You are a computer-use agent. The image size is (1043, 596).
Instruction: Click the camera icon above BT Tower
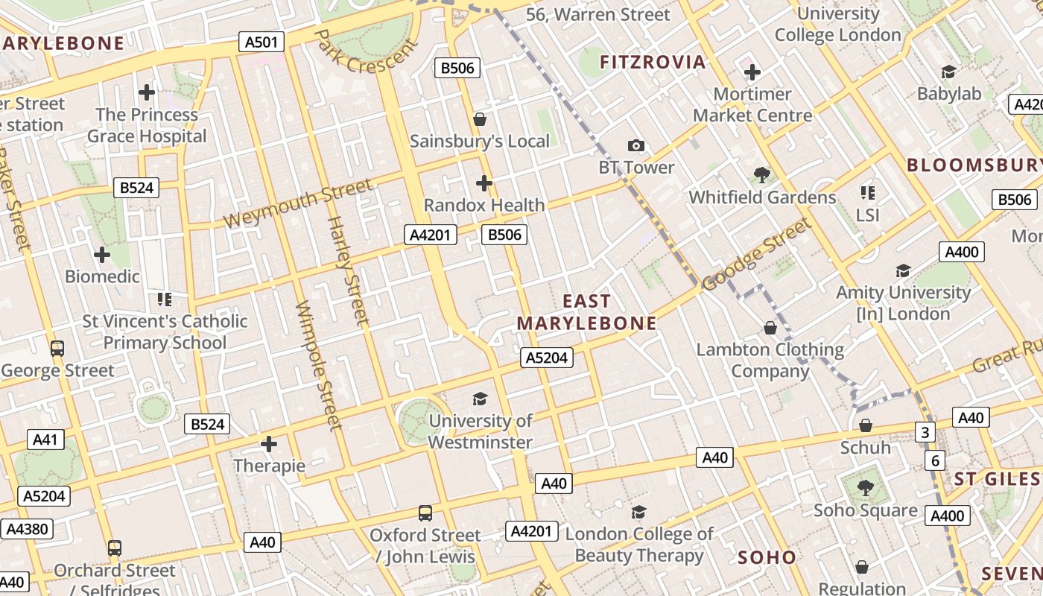[635, 145]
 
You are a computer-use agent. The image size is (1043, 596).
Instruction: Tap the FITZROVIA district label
[653, 62]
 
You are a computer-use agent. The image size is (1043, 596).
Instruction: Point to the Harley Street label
[348, 271]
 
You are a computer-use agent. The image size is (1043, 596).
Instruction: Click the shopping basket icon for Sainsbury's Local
[480, 119]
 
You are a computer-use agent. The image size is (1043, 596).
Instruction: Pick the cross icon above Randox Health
[484, 183]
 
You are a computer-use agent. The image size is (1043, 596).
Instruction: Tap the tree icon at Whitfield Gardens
[761, 175]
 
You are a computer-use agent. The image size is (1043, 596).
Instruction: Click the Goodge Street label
[755, 255]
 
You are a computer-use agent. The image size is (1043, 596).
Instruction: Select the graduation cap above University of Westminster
[480, 399]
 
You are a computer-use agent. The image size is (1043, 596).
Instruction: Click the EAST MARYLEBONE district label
[586, 312]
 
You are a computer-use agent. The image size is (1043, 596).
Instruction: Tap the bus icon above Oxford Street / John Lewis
[425, 513]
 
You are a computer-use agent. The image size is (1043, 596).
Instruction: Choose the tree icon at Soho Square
[865, 488]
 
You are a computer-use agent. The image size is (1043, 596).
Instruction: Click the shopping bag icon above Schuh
[865, 425]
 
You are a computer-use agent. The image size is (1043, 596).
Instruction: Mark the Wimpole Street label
[319, 366]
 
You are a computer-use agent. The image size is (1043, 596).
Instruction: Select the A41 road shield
[45, 440]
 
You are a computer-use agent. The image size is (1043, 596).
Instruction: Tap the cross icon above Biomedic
[102, 255]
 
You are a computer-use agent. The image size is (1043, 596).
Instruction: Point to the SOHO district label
[767, 557]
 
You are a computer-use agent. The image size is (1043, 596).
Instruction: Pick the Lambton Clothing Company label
[770, 360]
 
